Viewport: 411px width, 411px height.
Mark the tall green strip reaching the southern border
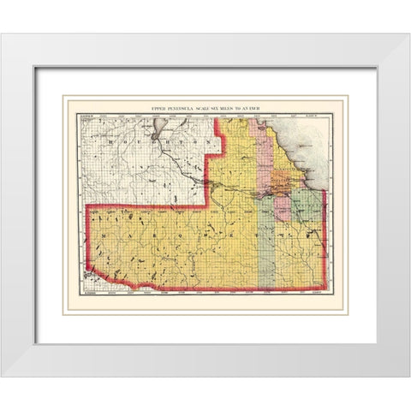click(x=265, y=248)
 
